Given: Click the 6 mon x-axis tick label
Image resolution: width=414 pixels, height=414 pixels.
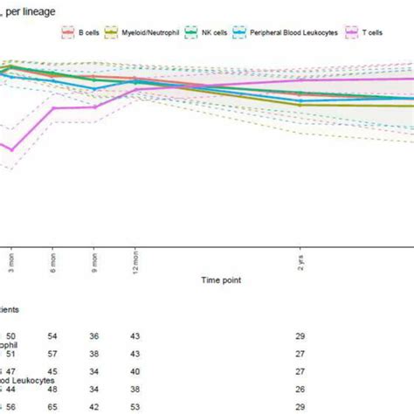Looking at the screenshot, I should pos(52,259).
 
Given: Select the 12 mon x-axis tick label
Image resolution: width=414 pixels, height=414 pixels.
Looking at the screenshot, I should pos(135,259).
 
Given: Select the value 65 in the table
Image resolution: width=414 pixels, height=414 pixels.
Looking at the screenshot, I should pos(52,406).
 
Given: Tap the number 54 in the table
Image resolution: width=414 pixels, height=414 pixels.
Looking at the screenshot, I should pos(52,335).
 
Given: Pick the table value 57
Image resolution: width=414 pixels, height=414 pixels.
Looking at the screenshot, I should pos(52,354).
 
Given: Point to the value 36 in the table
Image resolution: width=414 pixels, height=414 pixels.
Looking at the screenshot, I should pos(94,335).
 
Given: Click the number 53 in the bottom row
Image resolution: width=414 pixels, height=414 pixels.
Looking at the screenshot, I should pos(135,406).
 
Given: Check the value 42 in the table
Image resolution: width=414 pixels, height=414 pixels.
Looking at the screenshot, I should pos(94,406).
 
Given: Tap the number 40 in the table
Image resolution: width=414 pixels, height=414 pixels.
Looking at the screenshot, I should pos(135,371).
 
